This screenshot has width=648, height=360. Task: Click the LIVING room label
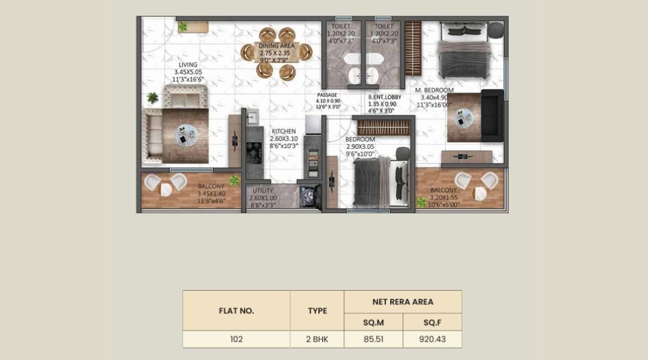pyautogui.click(x=189, y=65)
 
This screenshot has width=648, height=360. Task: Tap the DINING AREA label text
pyautogui.click(x=277, y=46)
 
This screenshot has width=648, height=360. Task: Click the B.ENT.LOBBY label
pyautogui.click(x=385, y=97)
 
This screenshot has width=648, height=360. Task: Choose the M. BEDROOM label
pyautogui.click(x=434, y=90)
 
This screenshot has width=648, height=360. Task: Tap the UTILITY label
pyautogui.click(x=263, y=191)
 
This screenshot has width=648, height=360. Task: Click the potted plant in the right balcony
pyautogui.click(x=421, y=202)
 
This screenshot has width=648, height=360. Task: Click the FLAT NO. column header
pyautogui.click(x=236, y=311)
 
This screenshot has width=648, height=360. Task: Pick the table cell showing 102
pyautogui.click(x=236, y=339)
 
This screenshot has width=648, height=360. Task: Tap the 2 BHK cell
pyautogui.click(x=317, y=339)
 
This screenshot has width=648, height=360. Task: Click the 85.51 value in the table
pyautogui.click(x=373, y=339)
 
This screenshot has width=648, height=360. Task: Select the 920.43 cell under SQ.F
pyautogui.click(x=432, y=339)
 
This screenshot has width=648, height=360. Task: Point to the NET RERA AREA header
pyautogui.click(x=403, y=301)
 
